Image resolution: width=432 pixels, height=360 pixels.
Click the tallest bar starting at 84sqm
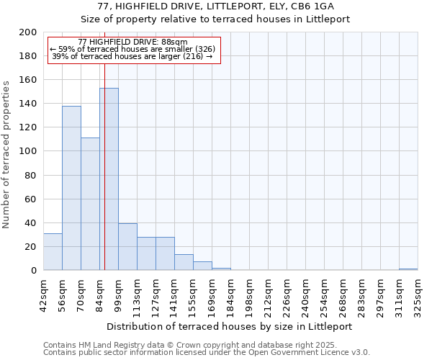pyautogui.click(x=109, y=180)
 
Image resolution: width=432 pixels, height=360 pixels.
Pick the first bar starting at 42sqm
pyautogui.click(x=53, y=252)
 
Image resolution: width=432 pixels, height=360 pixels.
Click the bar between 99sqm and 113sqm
pyautogui.click(x=127, y=247)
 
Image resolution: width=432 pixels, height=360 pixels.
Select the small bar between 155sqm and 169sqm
pyautogui.click(x=202, y=266)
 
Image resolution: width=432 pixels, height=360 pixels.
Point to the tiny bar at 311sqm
pyautogui.click(x=408, y=269)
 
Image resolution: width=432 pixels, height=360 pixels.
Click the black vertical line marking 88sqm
pyautogui.click(x=104, y=144)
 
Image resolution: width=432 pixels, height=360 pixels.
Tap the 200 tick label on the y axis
pyautogui.click(x=28, y=32)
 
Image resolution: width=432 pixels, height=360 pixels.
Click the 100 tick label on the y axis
pyautogui.click(x=28, y=151)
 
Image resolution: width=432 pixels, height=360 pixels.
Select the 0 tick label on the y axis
pyautogui.click(x=33, y=271)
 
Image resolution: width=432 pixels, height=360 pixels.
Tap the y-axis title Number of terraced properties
pyautogui.click(x=6, y=154)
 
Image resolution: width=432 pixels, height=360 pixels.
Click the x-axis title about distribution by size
pyautogui.click(x=230, y=326)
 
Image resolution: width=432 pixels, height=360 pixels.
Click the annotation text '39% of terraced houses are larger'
pyautogui.click(x=132, y=56)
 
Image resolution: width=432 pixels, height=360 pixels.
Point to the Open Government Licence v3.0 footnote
pyautogui.click(x=207, y=353)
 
